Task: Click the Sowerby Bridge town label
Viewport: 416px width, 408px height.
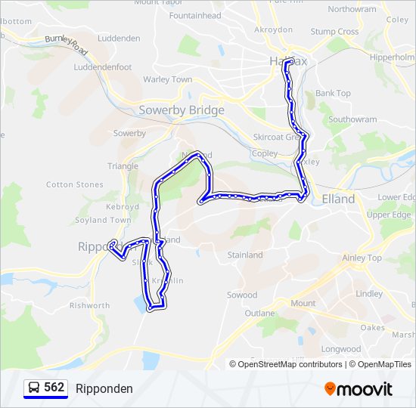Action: pyautogui.click(x=182, y=110)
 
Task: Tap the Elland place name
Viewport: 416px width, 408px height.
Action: pyautogui.click(x=338, y=199)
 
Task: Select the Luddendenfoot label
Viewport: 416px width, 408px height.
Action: pyautogui.click(x=103, y=67)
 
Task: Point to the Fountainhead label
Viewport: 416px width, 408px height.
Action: pyautogui.click(x=195, y=15)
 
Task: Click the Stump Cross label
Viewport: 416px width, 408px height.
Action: pyautogui.click(x=334, y=32)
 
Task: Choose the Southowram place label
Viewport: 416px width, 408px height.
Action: pyautogui.click(x=352, y=119)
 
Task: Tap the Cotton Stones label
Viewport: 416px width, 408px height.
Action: pyautogui.click(x=75, y=184)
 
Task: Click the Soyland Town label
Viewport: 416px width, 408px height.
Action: pyautogui.click(x=102, y=221)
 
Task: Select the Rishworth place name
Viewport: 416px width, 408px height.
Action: pyautogui.click(x=89, y=306)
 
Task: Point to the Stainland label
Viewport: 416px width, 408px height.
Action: pyautogui.click(x=245, y=255)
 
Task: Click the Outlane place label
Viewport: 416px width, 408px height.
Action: pyautogui.click(x=259, y=313)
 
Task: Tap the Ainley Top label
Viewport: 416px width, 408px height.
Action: pyautogui.click(x=362, y=258)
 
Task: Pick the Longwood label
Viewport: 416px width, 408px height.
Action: pyautogui.click(x=341, y=349)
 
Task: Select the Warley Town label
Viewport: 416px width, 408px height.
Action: pyautogui.click(x=167, y=79)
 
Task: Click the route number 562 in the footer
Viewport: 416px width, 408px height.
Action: pyautogui.click(x=54, y=388)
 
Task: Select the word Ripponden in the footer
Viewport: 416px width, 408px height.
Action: pyautogui.click(x=104, y=389)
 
